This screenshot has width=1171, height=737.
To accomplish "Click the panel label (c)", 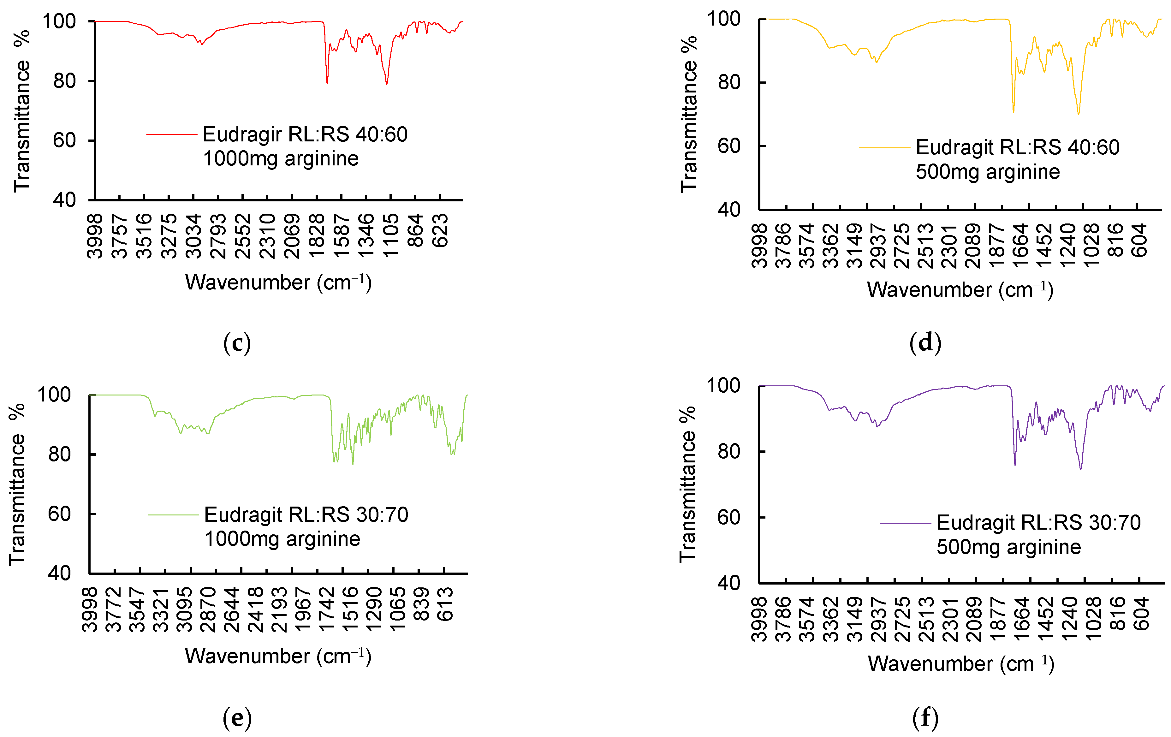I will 237,343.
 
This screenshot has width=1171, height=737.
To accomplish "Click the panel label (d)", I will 925,343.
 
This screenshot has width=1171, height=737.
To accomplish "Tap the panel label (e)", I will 237,717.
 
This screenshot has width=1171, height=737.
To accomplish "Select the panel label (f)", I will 925,717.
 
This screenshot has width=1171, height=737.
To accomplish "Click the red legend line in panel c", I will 172,134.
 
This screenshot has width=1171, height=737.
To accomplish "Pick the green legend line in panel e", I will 173,515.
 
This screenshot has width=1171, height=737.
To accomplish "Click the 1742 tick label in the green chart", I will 327,609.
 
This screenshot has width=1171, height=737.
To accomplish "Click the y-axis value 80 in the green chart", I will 59,455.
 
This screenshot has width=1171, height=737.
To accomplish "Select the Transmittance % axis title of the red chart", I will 22,112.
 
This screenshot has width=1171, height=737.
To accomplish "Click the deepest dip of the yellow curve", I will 1079,114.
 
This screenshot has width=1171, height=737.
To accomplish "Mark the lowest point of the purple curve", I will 1080,469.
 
